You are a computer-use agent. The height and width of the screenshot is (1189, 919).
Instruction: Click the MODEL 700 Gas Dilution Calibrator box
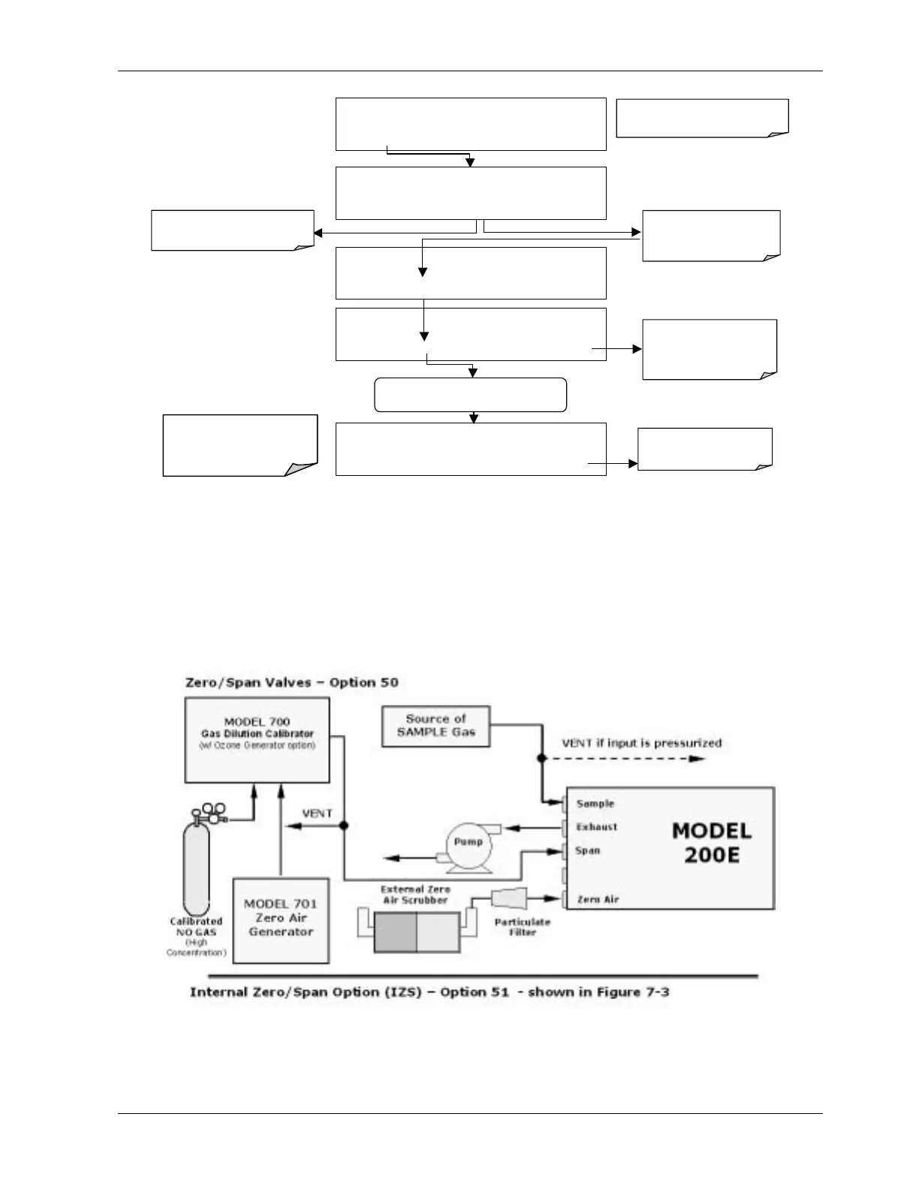[257, 739]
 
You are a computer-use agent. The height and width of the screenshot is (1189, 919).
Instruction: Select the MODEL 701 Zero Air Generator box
[281, 920]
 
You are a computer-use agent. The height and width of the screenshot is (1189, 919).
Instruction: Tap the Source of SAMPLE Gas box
[435, 726]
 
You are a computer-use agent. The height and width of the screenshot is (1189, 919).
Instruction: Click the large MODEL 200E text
[711, 842]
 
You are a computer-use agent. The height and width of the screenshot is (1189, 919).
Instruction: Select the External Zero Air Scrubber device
[416, 932]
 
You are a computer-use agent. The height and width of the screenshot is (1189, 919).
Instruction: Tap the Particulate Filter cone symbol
[508, 899]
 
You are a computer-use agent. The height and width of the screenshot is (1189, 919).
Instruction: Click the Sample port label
[595, 804]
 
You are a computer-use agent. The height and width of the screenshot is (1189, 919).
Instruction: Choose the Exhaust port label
[596, 827]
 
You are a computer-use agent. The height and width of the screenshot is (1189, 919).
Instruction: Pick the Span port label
[587, 851]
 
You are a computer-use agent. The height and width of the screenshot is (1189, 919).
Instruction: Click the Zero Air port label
[598, 899]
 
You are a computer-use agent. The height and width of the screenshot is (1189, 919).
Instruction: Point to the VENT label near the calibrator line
[317, 814]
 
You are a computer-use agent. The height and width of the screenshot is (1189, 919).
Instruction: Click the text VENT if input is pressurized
[641, 743]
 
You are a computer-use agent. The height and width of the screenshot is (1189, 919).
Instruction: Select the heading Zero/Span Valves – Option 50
[291, 682]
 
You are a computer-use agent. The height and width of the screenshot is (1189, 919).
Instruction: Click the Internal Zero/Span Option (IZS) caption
[429, 992]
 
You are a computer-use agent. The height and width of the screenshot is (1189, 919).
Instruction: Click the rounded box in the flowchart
[470, 395]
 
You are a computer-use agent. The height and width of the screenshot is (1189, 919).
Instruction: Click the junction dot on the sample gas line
[541, 759]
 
